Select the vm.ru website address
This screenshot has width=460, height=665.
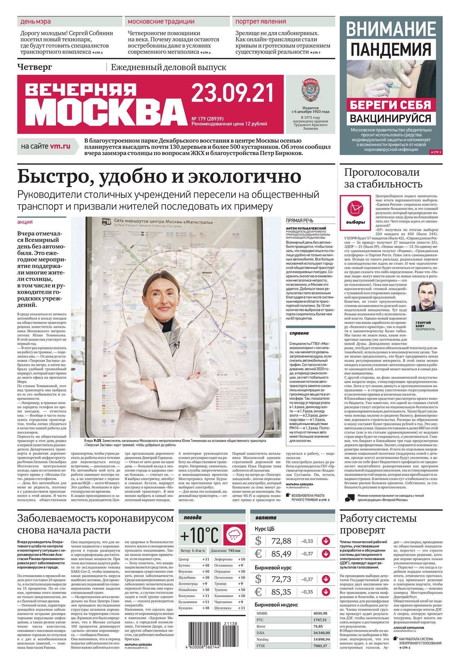(x=60, y=146)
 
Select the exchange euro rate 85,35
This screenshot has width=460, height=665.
(x=281, y=592)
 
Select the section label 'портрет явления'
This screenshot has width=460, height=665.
(x=261, y=21)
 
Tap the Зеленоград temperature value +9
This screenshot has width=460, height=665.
(x=205, y=583)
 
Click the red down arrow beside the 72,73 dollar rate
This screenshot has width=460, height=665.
(x=326, y=579)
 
